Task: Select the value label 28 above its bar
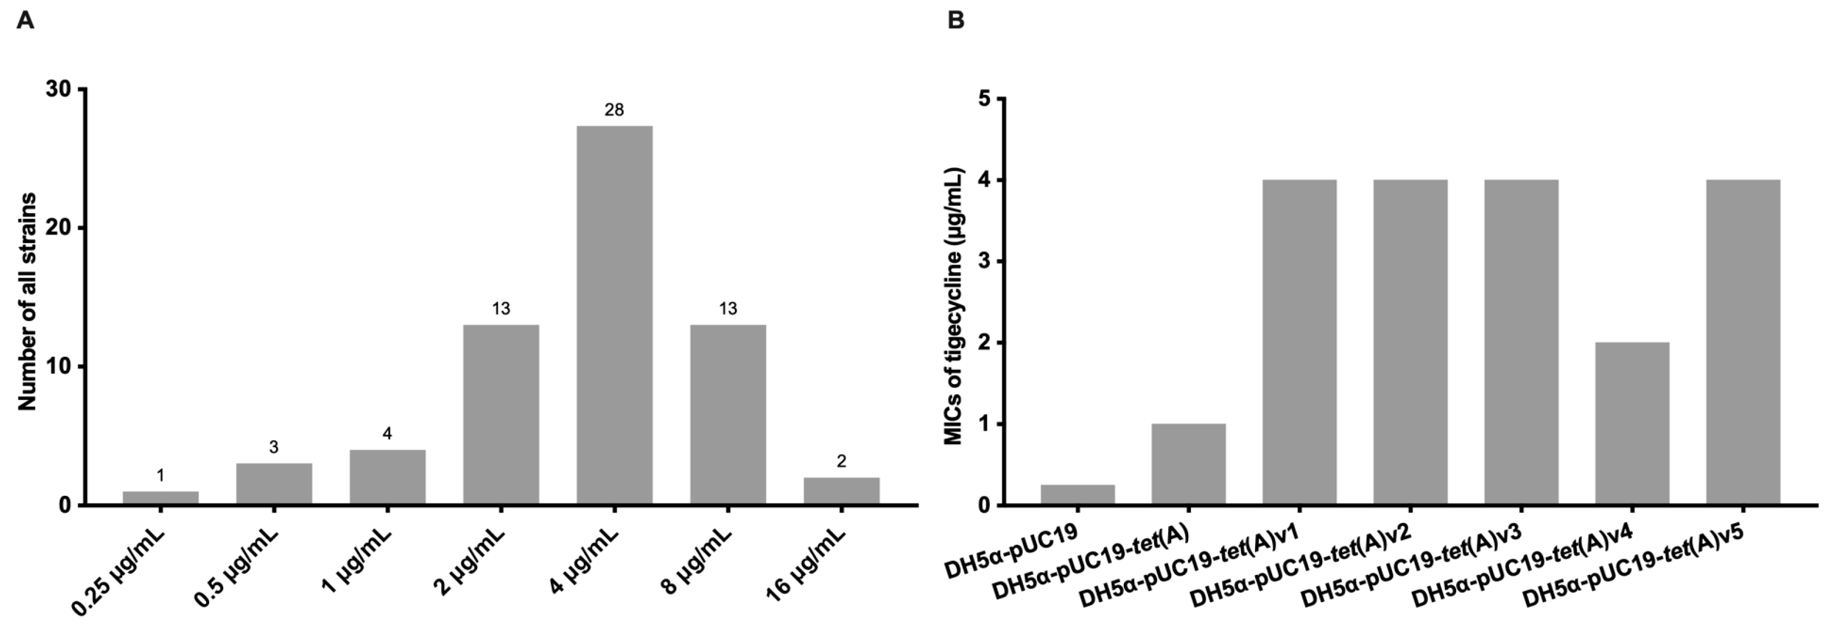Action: point(614,110)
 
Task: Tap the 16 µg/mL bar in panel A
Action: point(842,491)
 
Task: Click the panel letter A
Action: point(25,20)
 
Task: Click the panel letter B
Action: point(956,20)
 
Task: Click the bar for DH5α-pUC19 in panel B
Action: point(1077,495)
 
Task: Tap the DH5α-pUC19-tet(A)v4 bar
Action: point(1632,424)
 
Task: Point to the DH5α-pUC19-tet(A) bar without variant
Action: point(1189,464)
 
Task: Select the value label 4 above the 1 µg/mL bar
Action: point(387,433)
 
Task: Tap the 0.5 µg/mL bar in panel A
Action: point(274,484)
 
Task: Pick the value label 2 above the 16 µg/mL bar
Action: point(842,462)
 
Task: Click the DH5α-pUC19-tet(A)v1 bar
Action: point(1299,342)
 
